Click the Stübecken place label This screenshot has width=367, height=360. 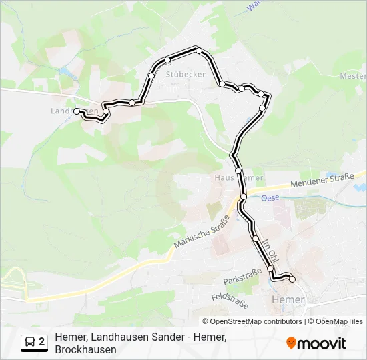coord(186,74)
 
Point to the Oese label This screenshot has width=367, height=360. coord(270,198)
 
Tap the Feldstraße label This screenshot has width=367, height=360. coord(229,299)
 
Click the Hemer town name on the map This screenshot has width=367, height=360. coord(289,300)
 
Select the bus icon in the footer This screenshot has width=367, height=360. coord(30,343)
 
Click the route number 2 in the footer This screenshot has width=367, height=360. coord(42,342)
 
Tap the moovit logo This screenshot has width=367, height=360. coord(316,343)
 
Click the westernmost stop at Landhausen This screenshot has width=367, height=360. coord(77,111)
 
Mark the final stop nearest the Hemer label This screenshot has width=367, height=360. coord(292,279)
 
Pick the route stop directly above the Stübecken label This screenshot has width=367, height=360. coord(167,61)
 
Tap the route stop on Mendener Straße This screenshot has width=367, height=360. coord(244,196)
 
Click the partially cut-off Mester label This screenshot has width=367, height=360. coord(353,76)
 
